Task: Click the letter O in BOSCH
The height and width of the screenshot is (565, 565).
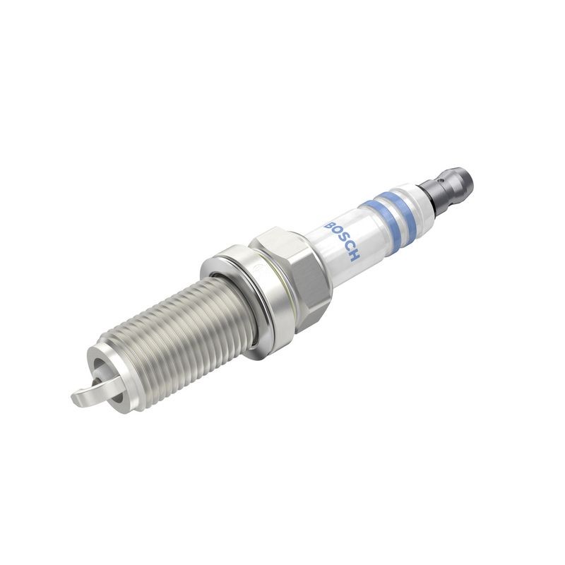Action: coord(335,228)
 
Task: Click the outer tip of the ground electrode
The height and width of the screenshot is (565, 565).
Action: coord(76,400)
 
